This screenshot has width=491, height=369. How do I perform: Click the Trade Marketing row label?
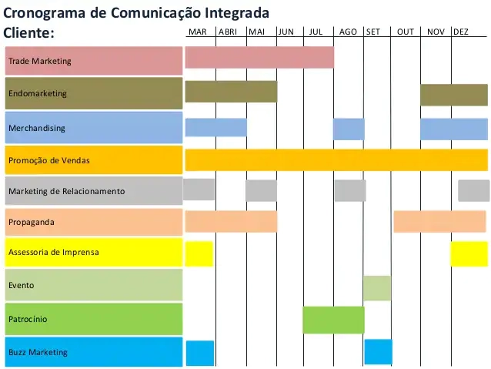click(x=93, y=61)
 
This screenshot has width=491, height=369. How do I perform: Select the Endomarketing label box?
click(x=93, y=93)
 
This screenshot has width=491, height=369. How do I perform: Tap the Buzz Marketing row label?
click(x=93, y=352)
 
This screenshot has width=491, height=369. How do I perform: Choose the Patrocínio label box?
click(x=93, y=319)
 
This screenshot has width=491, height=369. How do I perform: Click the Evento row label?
click(x=93, y=285)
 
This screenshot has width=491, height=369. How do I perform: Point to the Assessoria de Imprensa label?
click(x=93, y=253)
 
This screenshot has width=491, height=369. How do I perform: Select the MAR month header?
click(x=198, y=32)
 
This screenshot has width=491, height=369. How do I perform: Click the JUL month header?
click(x=316, y=32)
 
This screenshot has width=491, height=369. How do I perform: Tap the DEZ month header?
click(x=461, y=32)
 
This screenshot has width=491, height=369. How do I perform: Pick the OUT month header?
click(x=406, y=32)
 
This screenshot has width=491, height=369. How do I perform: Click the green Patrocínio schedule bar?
click(x=333, y=320)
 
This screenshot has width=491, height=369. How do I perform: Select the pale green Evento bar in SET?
click(x=377, y=288)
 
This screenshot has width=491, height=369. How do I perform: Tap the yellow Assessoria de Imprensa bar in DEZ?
click(x=469, y=253)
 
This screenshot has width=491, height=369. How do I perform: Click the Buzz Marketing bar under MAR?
click(x=200, y=353)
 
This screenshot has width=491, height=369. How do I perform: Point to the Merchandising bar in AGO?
click(x=349, y=129)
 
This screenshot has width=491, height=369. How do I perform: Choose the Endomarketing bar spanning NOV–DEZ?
click(x=453, y=95)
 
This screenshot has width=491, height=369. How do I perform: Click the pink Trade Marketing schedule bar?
click(x=259, y=58)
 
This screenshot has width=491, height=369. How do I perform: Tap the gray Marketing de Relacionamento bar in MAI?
click(x=261, y=190)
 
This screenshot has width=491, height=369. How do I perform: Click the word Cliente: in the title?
click(x=29, y=33)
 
